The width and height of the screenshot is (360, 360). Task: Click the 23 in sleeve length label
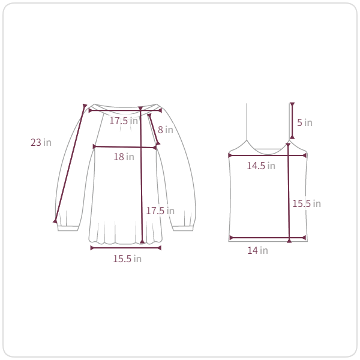41,142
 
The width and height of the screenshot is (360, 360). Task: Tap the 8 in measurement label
166,130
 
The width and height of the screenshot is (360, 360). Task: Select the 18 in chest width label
124,157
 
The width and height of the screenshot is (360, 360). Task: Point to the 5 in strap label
305,122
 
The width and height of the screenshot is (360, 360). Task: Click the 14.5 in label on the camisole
261,166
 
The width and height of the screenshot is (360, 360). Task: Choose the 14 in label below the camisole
257,250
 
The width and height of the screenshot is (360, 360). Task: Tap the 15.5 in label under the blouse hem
127,259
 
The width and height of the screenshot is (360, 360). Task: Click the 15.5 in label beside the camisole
307,203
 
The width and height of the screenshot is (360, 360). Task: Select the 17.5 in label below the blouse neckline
124,121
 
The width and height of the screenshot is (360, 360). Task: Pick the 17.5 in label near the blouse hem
160,211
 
